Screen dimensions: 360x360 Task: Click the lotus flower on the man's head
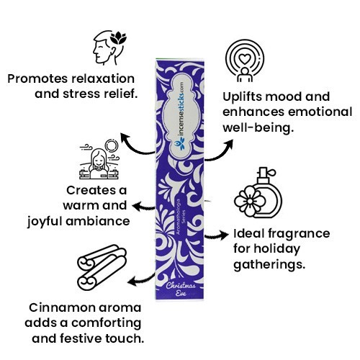click(x=118, y=38)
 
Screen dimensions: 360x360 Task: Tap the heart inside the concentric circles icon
click(x=245, y=59)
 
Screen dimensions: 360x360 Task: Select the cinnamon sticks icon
click(x=102, y=267)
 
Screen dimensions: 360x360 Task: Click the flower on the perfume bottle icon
click(x=250, y=201)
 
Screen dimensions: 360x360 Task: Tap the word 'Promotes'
click(x=37, y=78)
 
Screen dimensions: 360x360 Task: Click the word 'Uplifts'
click(x=242, y=97)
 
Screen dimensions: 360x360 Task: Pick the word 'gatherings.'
click(x=269, y=265)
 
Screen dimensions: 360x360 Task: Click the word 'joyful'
click(x=45, y=221)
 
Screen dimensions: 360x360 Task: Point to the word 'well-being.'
click(x=258, y=127)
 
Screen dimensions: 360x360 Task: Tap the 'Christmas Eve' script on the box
click(x=181, y=289)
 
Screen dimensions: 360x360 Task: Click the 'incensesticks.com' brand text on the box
click(x=181, y=113)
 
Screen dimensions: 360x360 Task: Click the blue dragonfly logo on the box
click(x=180, y=144)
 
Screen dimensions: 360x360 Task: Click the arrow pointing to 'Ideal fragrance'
click(x=217, y=235)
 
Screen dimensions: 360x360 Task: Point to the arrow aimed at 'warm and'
click(x=143, y=207)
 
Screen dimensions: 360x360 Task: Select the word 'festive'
click(x=81, y=338)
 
